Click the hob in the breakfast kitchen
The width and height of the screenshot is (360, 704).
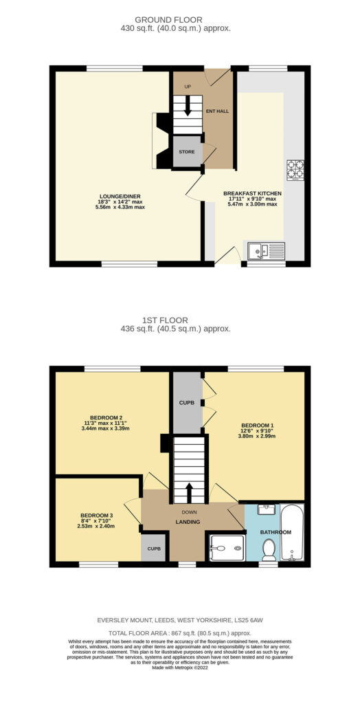pos(295,170)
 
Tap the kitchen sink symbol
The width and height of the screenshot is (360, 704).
pos(266,251)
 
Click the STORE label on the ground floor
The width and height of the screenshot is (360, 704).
pos(187,152)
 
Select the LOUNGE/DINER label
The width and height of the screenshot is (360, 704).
pos(121,196)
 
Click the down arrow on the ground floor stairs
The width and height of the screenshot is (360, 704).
pos(188,106)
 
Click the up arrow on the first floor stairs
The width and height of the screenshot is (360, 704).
pos(189,493)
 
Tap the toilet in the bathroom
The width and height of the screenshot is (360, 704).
pos(269,549)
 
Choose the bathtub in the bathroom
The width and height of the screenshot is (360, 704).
pos(292,532)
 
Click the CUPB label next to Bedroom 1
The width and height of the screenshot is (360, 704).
pos(187,402)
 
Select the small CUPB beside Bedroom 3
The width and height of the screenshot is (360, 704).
pos(153,549)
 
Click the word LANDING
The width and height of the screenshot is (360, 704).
pos(188,522)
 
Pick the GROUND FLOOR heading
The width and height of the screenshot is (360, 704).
pos(169,20)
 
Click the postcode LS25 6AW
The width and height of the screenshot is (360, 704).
pos(248,620)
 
